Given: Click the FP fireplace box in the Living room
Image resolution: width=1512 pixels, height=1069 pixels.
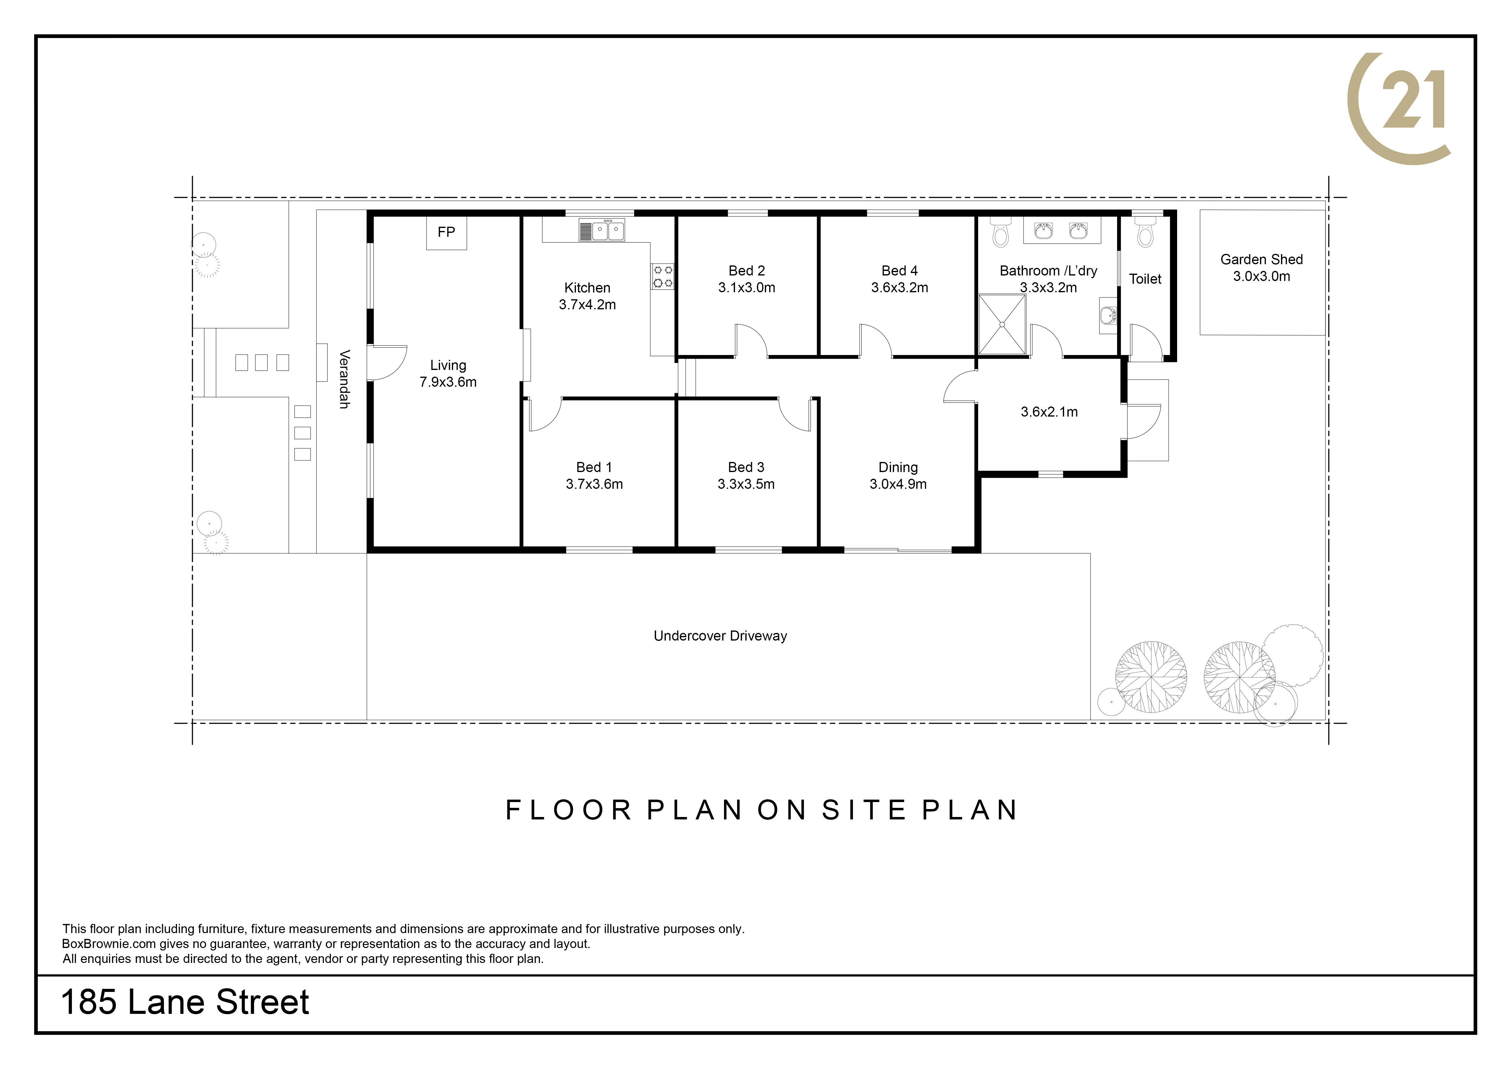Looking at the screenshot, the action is [x=446, y=233].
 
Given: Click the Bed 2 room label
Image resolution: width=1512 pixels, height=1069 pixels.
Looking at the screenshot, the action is [x=747, y=271].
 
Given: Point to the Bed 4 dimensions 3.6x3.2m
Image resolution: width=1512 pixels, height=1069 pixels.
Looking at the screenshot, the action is [x=900, y=288].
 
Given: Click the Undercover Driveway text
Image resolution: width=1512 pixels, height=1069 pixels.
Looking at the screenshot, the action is [x=720, y=636].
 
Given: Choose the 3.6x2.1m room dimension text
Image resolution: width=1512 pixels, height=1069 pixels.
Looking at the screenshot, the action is [x=1049, y=412].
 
